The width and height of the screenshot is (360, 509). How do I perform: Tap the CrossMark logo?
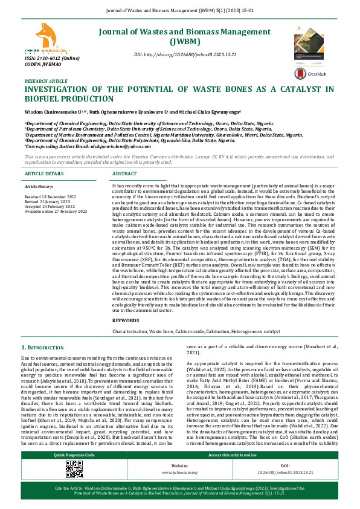pos(300,74)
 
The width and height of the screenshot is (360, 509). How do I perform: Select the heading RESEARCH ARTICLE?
pos(46,80)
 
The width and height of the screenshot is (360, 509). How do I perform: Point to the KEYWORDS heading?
pos(126,320)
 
